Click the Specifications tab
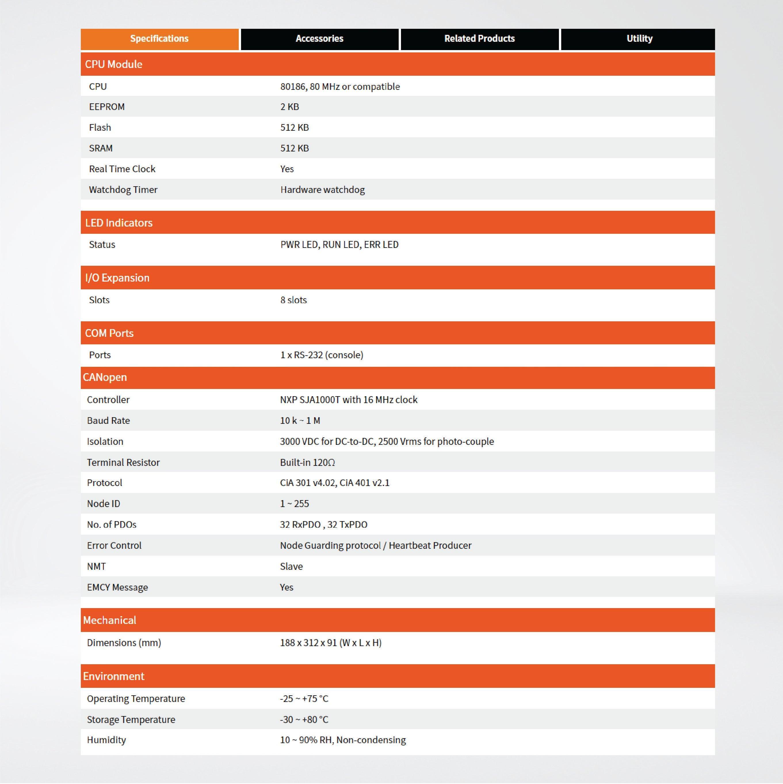[x=159, y=39]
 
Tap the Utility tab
[x=639, y=39]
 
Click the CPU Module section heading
[x=114, y=64]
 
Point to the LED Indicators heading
[x=119, y=223]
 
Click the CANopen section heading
[x=105, y=377]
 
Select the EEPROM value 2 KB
[x=289, y=107]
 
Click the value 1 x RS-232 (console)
[x=322, y=355]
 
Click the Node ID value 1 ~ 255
[x=294, y=504]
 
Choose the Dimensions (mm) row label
[x=124, y=643]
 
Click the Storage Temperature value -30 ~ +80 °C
[x=304, y=720]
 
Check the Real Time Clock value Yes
[x=287, y=169]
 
